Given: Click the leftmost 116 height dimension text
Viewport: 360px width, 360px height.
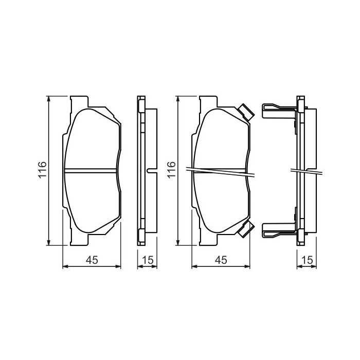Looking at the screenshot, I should coord(43,170).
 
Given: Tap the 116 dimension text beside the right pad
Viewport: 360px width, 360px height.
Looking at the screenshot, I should coord(172,170).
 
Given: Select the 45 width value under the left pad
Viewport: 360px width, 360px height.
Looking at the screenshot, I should coord(92,260).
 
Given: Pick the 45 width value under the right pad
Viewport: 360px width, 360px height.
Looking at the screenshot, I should coord(221,260).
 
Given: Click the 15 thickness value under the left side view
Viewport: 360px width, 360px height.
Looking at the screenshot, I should coord(148,260).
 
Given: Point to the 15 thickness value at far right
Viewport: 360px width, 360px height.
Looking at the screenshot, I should coord(307,260).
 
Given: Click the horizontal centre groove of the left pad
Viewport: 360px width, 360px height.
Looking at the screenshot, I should coord(92,170).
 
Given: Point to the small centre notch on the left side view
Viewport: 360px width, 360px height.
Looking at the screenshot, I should coord(150,170).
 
